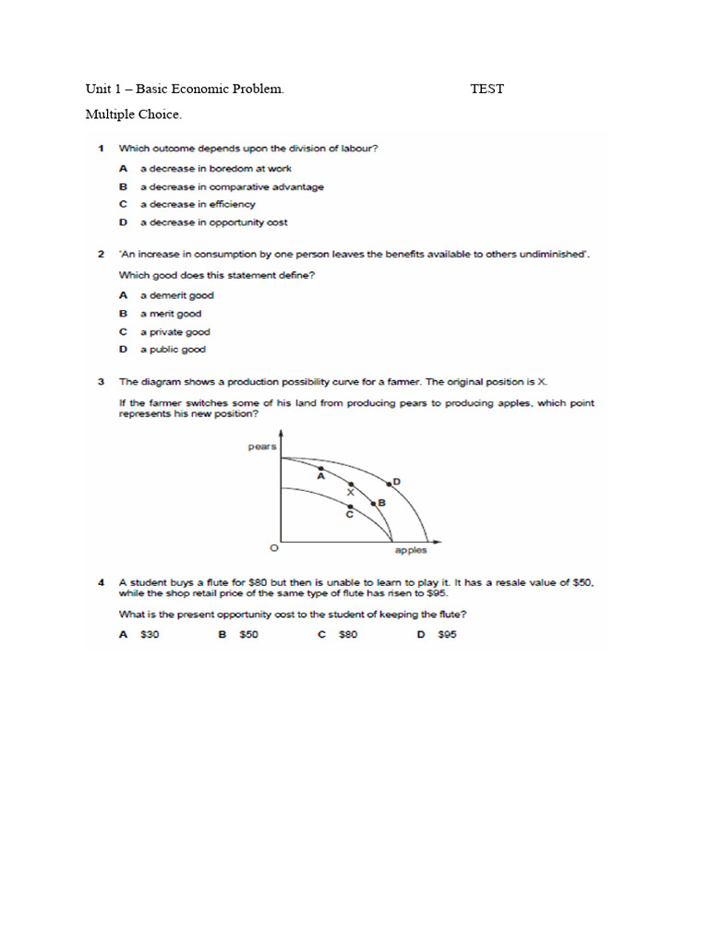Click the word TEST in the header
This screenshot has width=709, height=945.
point(487,89)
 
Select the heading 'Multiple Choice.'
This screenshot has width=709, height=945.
point(134,114)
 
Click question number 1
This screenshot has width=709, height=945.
point(102,148)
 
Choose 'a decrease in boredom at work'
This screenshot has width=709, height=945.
point(215,169)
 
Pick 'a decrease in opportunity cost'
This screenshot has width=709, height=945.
point(213,222)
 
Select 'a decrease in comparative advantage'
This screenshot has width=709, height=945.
point(232,186)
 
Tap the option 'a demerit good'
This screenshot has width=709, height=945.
point(176,295)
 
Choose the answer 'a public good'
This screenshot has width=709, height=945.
point(173,350)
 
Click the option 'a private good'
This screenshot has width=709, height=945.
point(174,331)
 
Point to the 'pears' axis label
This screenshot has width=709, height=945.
point(261,447)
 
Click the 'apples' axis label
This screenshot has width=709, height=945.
point(411,551)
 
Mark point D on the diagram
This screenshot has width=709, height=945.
point(389,483)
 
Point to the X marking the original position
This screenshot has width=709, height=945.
point(350,492)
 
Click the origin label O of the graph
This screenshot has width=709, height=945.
point(273,548)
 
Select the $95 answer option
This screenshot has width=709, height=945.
point(448,635)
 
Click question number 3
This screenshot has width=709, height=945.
point(102,380)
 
